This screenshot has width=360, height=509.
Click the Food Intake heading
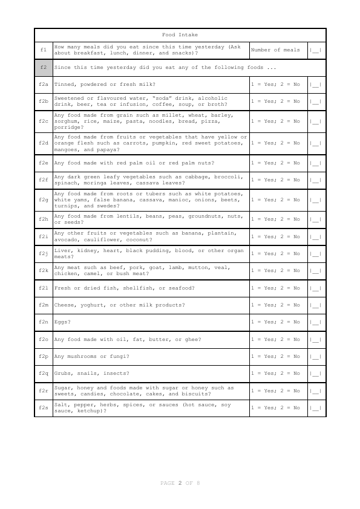pos(180,35)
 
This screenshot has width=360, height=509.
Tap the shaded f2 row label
pos(44,67)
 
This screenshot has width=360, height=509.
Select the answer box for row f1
pos(316,50)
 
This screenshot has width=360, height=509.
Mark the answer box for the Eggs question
pos(316,322)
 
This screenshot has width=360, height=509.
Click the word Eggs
pos(62,322)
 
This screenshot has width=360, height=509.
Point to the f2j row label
pos(44,253)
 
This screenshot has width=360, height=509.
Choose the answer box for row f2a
pos(316,85)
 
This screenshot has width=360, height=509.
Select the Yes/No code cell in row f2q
pos(275,374)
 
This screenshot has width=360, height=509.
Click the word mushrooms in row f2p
pos(80,357)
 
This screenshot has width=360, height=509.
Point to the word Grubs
pos(62,374)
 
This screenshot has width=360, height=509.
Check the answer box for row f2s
pos(316,408)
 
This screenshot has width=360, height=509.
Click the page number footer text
pos(180,484)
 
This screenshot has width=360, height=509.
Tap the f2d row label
pos(44,143)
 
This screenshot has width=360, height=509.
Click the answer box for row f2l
pos(316,288)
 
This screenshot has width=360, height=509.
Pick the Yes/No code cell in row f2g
pos(275,199)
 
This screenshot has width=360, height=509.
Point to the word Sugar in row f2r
pos(62,387)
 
